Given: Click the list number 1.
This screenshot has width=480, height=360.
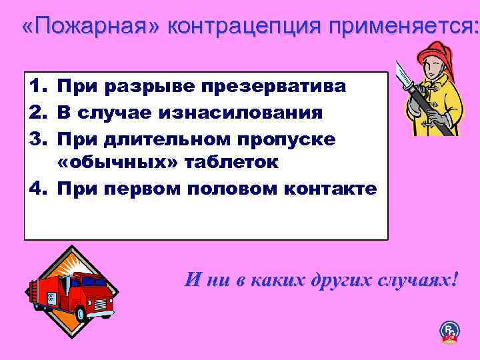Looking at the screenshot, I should [x=37, y=86].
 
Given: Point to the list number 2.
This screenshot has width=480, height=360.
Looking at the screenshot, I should [x=37, y=112].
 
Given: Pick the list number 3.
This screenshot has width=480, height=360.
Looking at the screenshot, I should [x=37, y=137].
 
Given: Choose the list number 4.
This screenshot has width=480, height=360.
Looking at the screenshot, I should [x=37, y=189].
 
